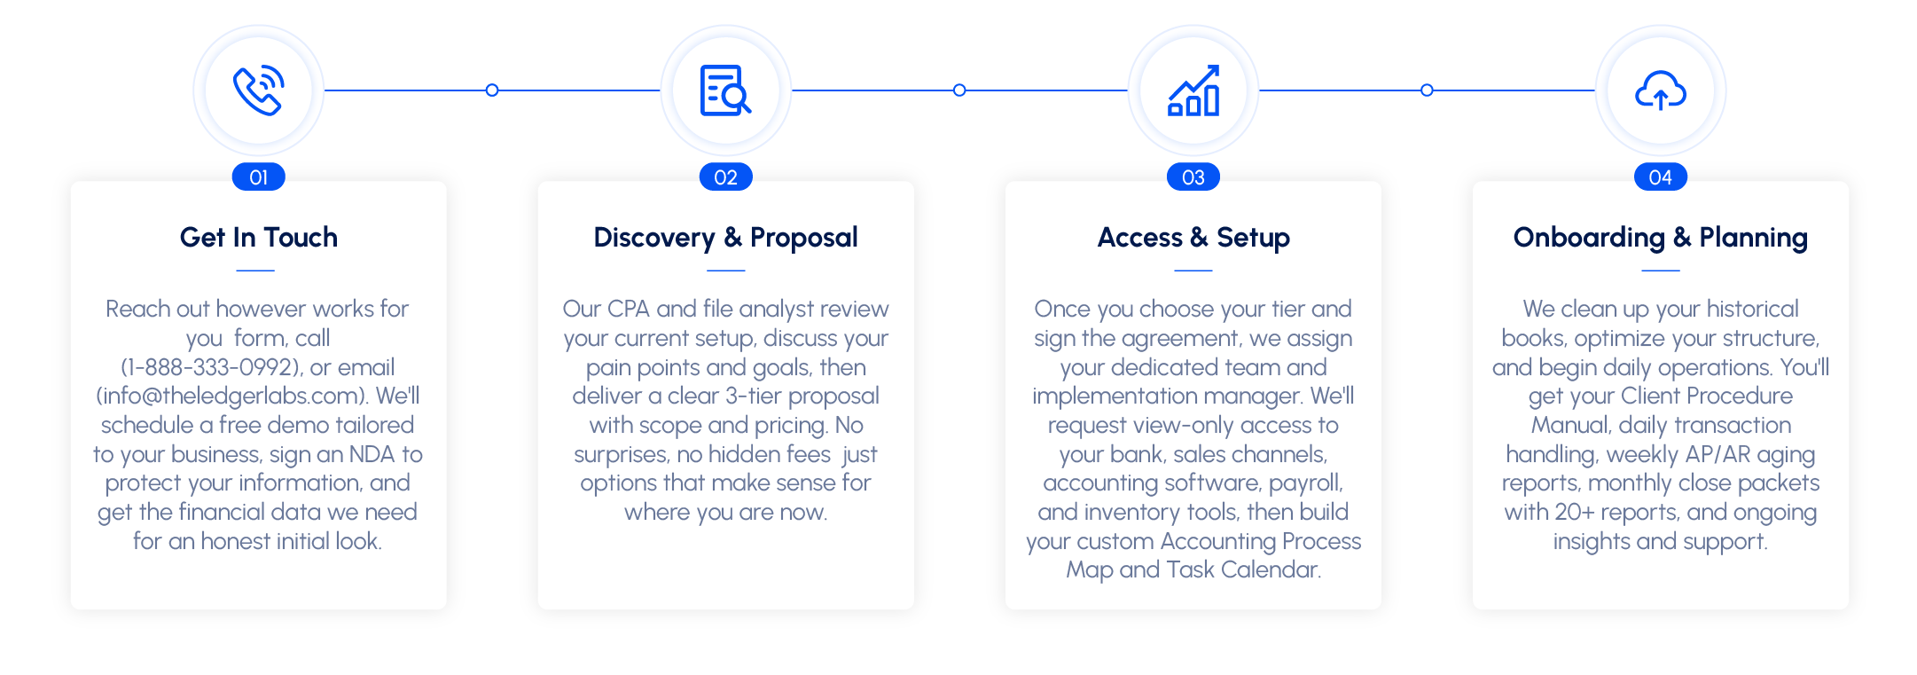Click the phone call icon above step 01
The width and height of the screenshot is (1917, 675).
coord(258,90)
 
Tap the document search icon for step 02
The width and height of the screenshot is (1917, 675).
coord(725,90)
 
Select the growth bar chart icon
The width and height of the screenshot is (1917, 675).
coord(1193,90)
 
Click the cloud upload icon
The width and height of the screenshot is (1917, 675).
coord(1661,90)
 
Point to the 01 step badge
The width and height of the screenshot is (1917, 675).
coord(258,177)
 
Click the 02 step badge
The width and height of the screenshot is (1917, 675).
coord(726,177)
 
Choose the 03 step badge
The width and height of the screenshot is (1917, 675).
coord(1193,177)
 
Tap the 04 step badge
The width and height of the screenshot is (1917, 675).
coord(1661,177)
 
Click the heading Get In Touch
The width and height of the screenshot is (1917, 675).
coord(259,238)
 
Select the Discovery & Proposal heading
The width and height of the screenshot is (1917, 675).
coord(726,238)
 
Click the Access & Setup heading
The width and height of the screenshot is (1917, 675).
coord(1193,238)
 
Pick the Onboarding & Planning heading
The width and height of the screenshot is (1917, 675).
coord(1661,238)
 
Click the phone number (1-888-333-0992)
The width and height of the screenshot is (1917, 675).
coord(211,367)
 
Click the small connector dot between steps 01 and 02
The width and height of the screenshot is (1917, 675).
coord(492,90)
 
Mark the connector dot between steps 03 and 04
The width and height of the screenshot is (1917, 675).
coord(1427,90)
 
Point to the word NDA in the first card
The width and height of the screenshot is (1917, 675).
coord(372,454)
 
